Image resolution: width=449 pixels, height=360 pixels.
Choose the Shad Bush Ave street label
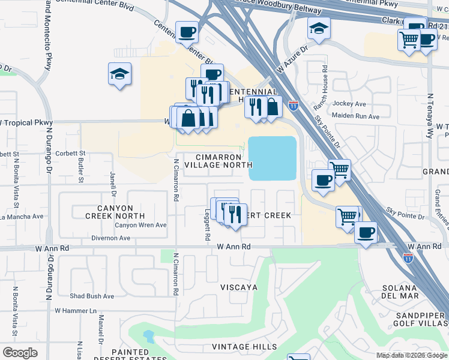(92, 296)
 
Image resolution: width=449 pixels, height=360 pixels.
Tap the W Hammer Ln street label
(76, 311)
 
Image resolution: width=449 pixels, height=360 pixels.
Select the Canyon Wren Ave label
(140, 225)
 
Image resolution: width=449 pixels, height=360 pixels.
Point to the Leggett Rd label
(207, 224)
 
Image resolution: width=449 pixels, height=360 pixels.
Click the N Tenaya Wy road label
(430, 116)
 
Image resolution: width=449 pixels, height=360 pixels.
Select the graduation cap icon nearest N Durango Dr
(119, 74)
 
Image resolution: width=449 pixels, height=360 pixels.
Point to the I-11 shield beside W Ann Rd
(408, 258)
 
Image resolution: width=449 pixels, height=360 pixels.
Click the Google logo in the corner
(20, 353)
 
